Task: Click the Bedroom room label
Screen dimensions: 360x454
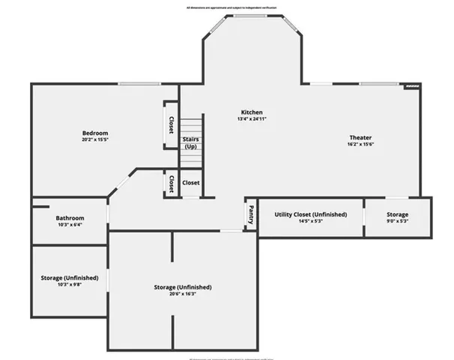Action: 95,133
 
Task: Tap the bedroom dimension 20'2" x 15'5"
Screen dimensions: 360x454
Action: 95,139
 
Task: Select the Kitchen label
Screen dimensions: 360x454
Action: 251,112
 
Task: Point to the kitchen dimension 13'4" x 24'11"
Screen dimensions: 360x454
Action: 251,119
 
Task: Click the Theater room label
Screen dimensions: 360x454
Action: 360,137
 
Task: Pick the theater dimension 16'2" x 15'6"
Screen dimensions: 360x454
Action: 360,144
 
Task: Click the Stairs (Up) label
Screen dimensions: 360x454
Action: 191,142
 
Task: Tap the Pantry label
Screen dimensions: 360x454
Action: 251,215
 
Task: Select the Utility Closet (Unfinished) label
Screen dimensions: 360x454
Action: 310,214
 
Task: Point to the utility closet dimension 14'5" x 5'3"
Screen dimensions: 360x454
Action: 310,222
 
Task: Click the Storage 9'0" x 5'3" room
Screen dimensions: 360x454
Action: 397,218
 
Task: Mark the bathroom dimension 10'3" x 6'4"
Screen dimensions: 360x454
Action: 69,223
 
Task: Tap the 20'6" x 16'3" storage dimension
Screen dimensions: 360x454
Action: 182,294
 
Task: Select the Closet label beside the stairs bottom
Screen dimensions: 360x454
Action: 190,182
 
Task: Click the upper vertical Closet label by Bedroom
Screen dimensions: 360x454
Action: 171,124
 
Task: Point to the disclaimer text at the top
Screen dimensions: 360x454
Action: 227,7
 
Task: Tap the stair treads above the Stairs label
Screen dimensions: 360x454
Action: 191,124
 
